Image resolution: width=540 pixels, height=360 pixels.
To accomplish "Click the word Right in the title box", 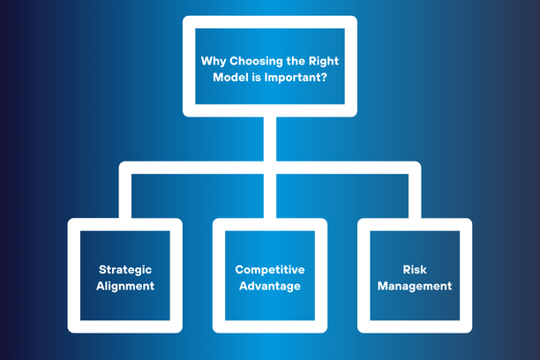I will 323,60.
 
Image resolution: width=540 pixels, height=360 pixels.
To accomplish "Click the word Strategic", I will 125,269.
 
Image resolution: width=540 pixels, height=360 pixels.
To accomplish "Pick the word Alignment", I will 125,286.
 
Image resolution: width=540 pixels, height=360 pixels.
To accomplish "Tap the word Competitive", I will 269,269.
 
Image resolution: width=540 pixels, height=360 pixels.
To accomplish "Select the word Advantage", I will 269,286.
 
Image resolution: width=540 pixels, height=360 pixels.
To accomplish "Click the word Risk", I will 414,269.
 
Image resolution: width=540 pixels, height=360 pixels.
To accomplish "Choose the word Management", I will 414,286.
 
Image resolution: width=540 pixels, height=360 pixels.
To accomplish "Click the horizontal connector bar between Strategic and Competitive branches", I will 197,167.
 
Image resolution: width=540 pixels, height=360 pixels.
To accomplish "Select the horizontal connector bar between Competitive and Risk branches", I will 341,167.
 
